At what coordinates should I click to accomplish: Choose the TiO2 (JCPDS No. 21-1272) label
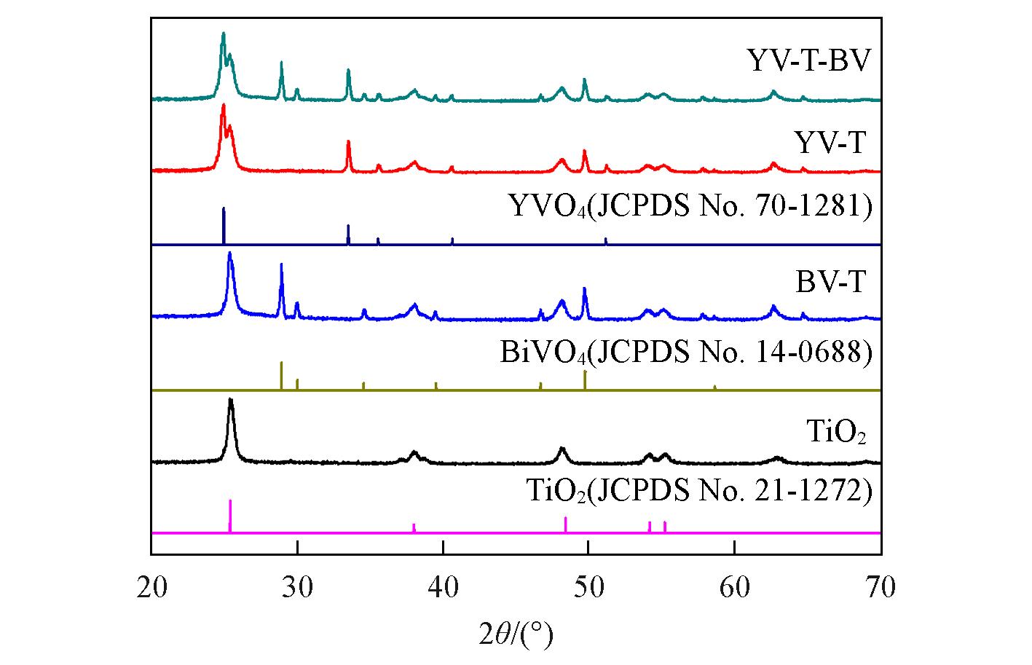click(x=698, y=492)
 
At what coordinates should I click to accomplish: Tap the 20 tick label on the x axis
click(x=152, y=587)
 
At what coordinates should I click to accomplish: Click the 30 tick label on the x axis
click(x=297, y=587)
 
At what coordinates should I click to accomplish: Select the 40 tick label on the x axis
click(x=443, y=587)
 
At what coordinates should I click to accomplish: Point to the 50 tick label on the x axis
click(x=588, y=587)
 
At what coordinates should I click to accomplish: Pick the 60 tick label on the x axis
click(x=735, y=587)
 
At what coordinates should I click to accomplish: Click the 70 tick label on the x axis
click(x=881, y=587)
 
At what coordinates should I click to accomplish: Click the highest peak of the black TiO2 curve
click(x=231, y=400)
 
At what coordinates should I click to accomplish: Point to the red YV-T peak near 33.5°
click(x=348, y=142)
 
